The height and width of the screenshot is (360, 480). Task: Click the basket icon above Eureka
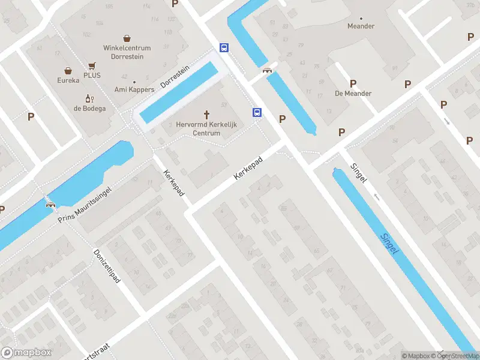pos(68,70)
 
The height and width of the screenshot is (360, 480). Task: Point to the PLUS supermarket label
pos(92,76)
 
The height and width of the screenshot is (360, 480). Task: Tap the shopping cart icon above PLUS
pos(92,65)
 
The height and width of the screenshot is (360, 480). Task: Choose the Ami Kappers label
pos(134,90)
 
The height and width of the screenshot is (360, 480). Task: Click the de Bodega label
pos(90,109)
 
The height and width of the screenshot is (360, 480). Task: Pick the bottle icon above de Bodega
pos(90,98)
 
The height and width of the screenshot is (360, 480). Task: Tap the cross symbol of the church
pos(208,114)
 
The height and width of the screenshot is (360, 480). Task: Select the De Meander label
pos(353,94)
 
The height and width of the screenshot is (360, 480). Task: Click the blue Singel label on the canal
pos(390,242)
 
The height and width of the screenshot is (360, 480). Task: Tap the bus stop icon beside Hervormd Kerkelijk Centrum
pos(257,112)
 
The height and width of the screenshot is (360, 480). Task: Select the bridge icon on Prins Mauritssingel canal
pos(50,203)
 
